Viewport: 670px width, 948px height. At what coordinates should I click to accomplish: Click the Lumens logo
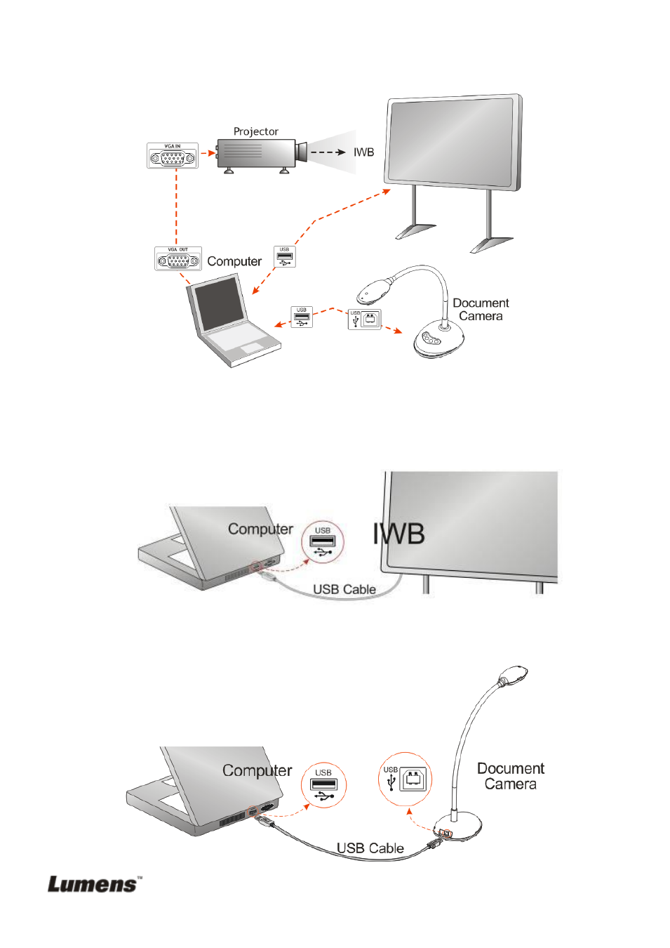coord(94,884)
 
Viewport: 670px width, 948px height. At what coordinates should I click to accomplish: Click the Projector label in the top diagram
coord(255,131)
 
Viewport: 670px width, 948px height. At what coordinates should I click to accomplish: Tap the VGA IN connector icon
coord(173,156)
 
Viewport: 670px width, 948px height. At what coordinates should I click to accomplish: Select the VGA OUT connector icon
coord(178,259)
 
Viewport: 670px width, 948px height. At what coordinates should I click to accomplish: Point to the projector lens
coord(302,152)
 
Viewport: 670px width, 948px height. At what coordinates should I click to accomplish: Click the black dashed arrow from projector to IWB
coord(327,152)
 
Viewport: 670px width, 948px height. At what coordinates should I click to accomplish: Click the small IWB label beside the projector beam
coord(363,152)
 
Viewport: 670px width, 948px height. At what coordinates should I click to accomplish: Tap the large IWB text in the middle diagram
coord(398,534)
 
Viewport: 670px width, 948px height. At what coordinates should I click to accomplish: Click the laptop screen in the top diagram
coord(219,304)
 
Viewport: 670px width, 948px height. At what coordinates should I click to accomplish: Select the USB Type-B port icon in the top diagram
coord(365,320)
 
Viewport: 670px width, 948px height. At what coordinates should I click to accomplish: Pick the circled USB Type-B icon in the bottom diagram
coord(406,779)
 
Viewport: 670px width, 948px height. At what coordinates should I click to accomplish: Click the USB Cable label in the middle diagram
coord(344,589)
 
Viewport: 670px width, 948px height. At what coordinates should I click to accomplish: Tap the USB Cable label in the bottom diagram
coord(370,848)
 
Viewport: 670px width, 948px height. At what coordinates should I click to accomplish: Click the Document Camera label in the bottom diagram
coord(510,776)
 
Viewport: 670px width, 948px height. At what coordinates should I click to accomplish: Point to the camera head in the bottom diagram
coord(513,675)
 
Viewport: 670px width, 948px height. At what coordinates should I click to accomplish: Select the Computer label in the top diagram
coord(234,261)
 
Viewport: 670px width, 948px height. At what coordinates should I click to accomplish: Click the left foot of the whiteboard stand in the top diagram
coord(415,230)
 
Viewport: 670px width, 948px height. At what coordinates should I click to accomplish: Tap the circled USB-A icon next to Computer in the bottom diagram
coord(323,785)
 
